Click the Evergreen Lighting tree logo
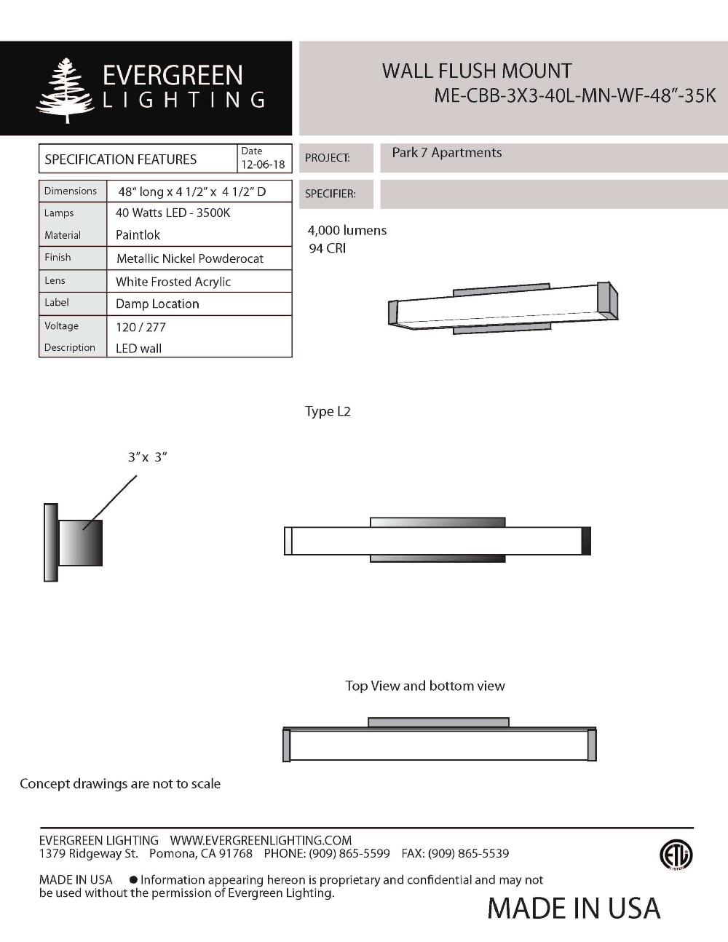[65, 90]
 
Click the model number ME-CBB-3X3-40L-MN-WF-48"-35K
[574, 96]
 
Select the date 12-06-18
[263, 165]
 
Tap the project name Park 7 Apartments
[446, 153]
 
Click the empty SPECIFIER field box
[553, 194]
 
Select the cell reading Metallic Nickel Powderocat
[189, 258]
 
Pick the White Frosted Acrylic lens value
[173, 282]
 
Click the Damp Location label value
[157, 304]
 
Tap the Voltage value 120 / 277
[141, 327]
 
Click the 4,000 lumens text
[347, 231]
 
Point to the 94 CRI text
[327, 248]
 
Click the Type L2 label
[328, 411]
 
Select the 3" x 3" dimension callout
[147, 457]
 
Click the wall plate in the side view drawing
[50, 542]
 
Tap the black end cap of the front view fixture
[586, 541]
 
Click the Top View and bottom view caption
[424, 686]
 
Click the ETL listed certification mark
[676, 855]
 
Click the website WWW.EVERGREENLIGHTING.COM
[261, 840]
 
